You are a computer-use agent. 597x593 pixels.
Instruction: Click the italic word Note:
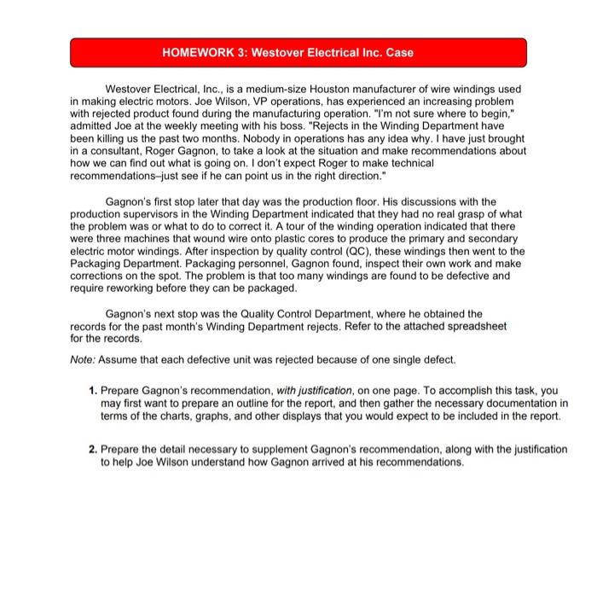point(83,358)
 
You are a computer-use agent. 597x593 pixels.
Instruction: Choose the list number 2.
point(92,449)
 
